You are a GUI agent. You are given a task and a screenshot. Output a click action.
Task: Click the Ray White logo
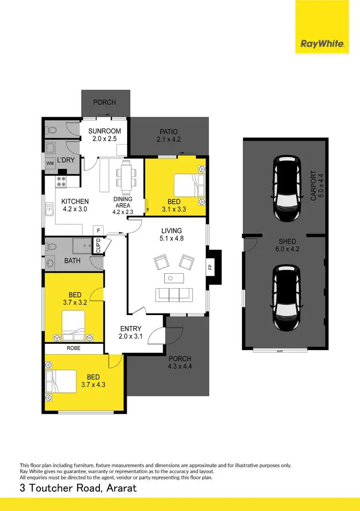click(322, 44)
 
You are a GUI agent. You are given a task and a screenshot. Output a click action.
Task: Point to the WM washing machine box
click(50, 163)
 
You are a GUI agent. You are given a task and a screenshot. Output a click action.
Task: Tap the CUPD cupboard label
click(98, 246)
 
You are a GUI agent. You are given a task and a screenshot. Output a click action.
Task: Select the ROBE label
click(73, 349)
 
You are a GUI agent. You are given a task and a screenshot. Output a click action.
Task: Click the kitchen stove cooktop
click(61, 182)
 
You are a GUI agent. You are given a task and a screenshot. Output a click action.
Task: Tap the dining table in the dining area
click(126, 176)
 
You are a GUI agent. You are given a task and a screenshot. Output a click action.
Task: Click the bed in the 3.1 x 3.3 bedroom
click(189, 184)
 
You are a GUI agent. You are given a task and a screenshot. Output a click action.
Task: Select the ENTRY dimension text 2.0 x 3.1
click(131, 336)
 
